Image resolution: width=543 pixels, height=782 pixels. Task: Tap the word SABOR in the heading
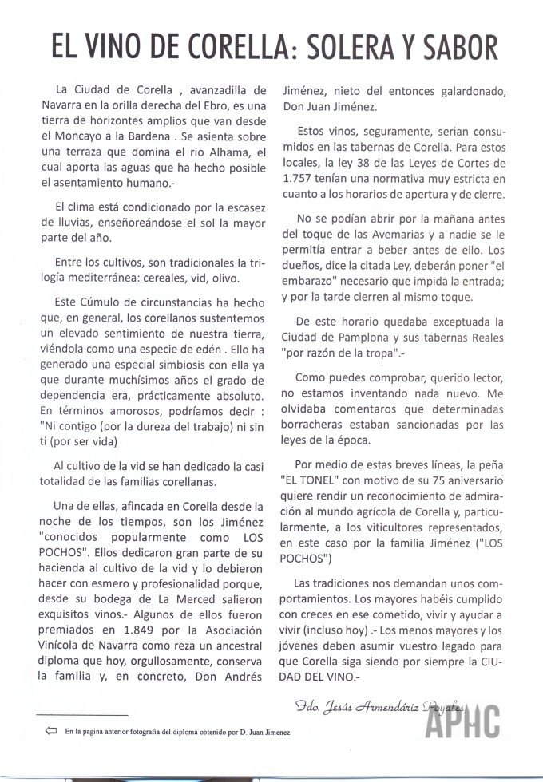click(x=458, y=47)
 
